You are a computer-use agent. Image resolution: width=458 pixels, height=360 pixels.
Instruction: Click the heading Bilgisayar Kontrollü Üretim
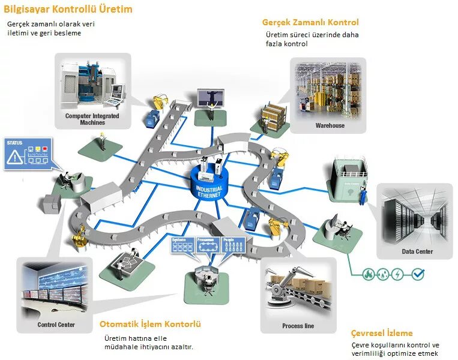68,10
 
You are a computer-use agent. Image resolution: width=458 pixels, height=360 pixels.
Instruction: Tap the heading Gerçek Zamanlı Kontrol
310,22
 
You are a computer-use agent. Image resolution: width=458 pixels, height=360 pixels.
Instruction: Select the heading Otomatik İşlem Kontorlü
150,324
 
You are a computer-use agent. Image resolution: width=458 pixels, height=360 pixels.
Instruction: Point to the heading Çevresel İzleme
382,333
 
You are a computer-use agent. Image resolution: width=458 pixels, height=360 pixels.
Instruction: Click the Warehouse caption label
330,125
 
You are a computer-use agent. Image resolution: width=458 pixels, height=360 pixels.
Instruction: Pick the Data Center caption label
417,251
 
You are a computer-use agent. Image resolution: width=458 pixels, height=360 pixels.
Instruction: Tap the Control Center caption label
56,325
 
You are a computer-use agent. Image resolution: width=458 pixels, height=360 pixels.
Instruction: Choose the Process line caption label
298,326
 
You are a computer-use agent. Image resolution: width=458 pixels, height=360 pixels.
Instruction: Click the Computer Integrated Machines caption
92,119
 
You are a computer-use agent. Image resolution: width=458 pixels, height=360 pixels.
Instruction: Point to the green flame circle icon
367,274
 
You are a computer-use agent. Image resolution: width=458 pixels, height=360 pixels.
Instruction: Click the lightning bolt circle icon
397,274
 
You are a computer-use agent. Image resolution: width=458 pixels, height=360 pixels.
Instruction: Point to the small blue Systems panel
182,244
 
